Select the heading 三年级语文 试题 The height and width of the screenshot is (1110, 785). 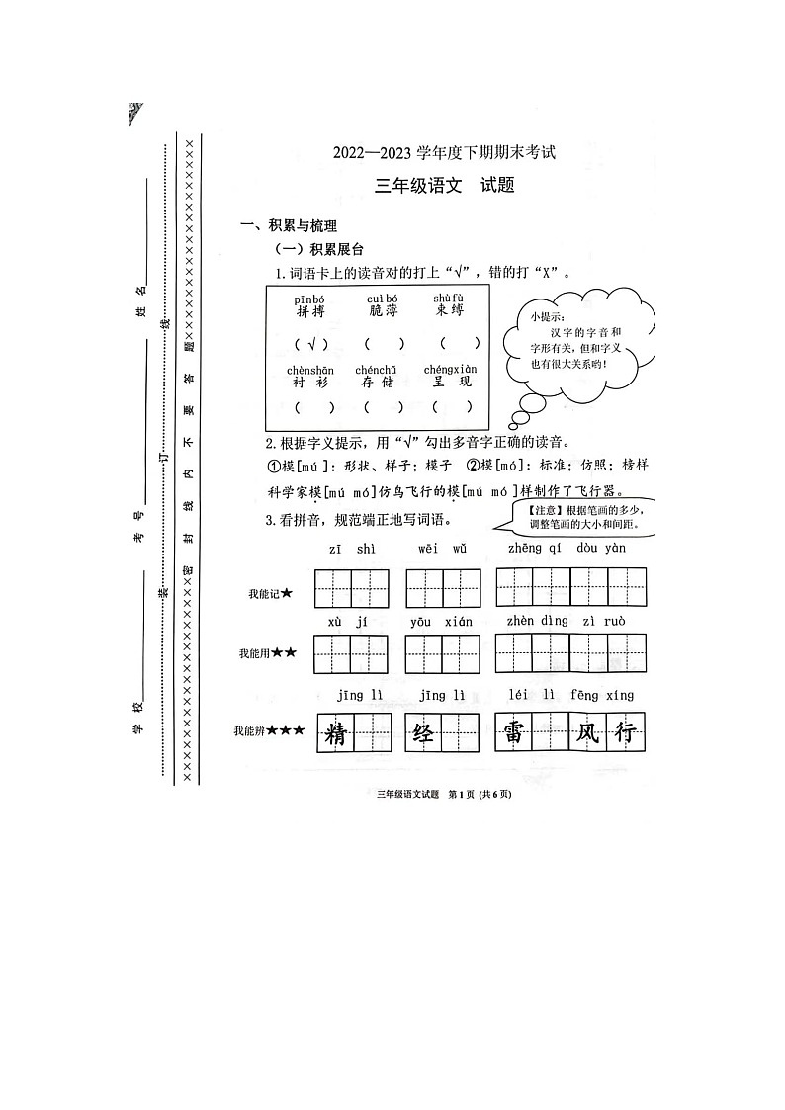click(445, 185)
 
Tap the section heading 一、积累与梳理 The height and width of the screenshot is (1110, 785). click(290, 226)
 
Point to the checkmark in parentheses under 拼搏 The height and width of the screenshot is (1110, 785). click(310, 345)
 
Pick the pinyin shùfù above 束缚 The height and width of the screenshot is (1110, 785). click(448, 298)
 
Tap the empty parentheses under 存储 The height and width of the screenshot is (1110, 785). click(383, 406)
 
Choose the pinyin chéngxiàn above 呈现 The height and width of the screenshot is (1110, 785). click(450, 370)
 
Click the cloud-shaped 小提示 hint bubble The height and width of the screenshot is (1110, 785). click(575, 340)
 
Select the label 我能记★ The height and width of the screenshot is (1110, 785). click(271, 593)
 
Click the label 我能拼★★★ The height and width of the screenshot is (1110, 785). click(268, 731)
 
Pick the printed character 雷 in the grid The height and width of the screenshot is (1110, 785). click(514, 734)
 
